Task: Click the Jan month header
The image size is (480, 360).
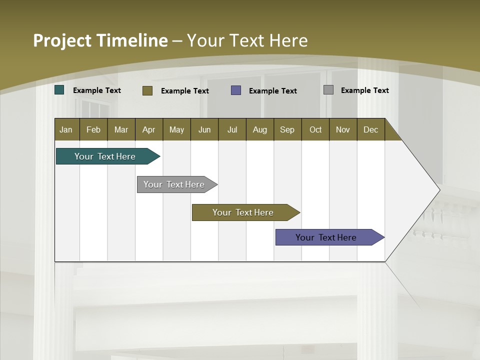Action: click(x=66, y=129)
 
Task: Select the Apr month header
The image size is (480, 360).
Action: click(x=149, y=129)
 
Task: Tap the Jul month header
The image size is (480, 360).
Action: click(x=232, y=129)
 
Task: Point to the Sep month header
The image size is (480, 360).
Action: click(x=287, y=129)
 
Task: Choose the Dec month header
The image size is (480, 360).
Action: click(x=370, y=129)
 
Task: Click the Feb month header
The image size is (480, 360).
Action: click(x=93, y=129)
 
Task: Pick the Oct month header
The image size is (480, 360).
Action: click(x=315, y=129)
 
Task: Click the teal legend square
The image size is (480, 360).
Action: click(x=59, y=90)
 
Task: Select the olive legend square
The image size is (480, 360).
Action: click(x=147, y=90)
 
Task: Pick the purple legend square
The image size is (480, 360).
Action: click(x=236, y=90)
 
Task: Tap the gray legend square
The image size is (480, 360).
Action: click(x=328, y=90)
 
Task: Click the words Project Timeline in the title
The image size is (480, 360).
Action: click(x=100, y=40)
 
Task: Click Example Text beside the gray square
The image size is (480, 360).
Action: click(x=364, y=90)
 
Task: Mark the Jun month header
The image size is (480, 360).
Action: click(x=204, y=129)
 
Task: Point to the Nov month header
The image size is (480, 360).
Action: click(x=343, y=129)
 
